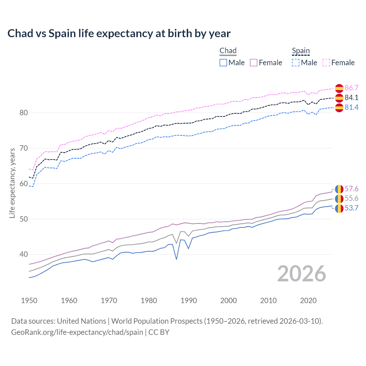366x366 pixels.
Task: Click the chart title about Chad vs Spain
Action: click(119, 33)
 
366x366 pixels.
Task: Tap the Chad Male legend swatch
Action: click(223, 63)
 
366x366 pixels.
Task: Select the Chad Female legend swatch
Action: click(254, 63)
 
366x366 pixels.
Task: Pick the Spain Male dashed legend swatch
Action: click(296, 63)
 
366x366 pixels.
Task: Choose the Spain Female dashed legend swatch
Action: click(326, 63)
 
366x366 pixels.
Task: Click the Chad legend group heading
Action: click(228, 51)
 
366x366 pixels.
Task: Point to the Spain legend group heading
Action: click(301, 51)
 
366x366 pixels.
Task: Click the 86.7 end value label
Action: click(351, 88)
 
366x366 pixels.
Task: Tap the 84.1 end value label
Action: click(351, 98)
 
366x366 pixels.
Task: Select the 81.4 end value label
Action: click(351, 107)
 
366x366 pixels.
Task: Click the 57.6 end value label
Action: click(351, 189)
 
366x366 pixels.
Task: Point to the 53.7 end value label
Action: click(351, 208)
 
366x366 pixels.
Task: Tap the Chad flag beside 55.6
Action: click(339, 198)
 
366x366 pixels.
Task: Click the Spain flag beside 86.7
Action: click(339, 88)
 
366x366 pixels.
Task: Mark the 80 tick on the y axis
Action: click(23, 113)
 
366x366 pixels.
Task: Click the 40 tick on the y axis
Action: click(23, 254)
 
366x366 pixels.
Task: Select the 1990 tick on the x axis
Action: click(189, 301)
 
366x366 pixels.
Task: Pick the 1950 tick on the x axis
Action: click(29, 301)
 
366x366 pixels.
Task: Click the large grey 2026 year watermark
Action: click(302, 274)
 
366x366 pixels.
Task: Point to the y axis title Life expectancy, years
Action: click(12, 183)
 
